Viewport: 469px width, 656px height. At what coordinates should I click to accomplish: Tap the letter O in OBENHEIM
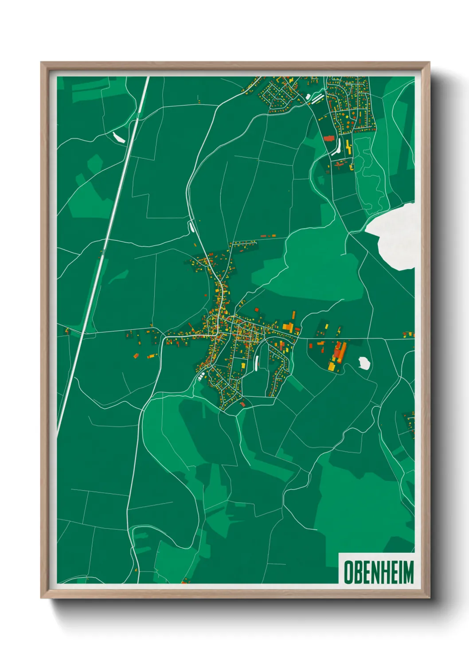[348, 572]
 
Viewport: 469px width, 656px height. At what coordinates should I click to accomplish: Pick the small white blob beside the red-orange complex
[364, 363]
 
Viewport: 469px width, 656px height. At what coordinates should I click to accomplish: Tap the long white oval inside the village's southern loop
[257, 363]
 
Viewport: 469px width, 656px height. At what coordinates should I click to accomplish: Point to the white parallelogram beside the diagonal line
[119, 137]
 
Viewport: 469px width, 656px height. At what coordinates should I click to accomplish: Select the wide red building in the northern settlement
[328, 138]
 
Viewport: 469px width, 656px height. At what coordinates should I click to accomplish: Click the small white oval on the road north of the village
[192, 226]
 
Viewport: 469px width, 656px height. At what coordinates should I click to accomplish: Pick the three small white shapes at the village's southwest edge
[201, 377]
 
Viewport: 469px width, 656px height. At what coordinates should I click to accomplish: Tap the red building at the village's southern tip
[242, 404]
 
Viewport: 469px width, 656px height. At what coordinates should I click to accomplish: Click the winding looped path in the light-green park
[369, 173]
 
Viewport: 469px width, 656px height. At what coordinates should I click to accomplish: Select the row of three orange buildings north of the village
[268, 236]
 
